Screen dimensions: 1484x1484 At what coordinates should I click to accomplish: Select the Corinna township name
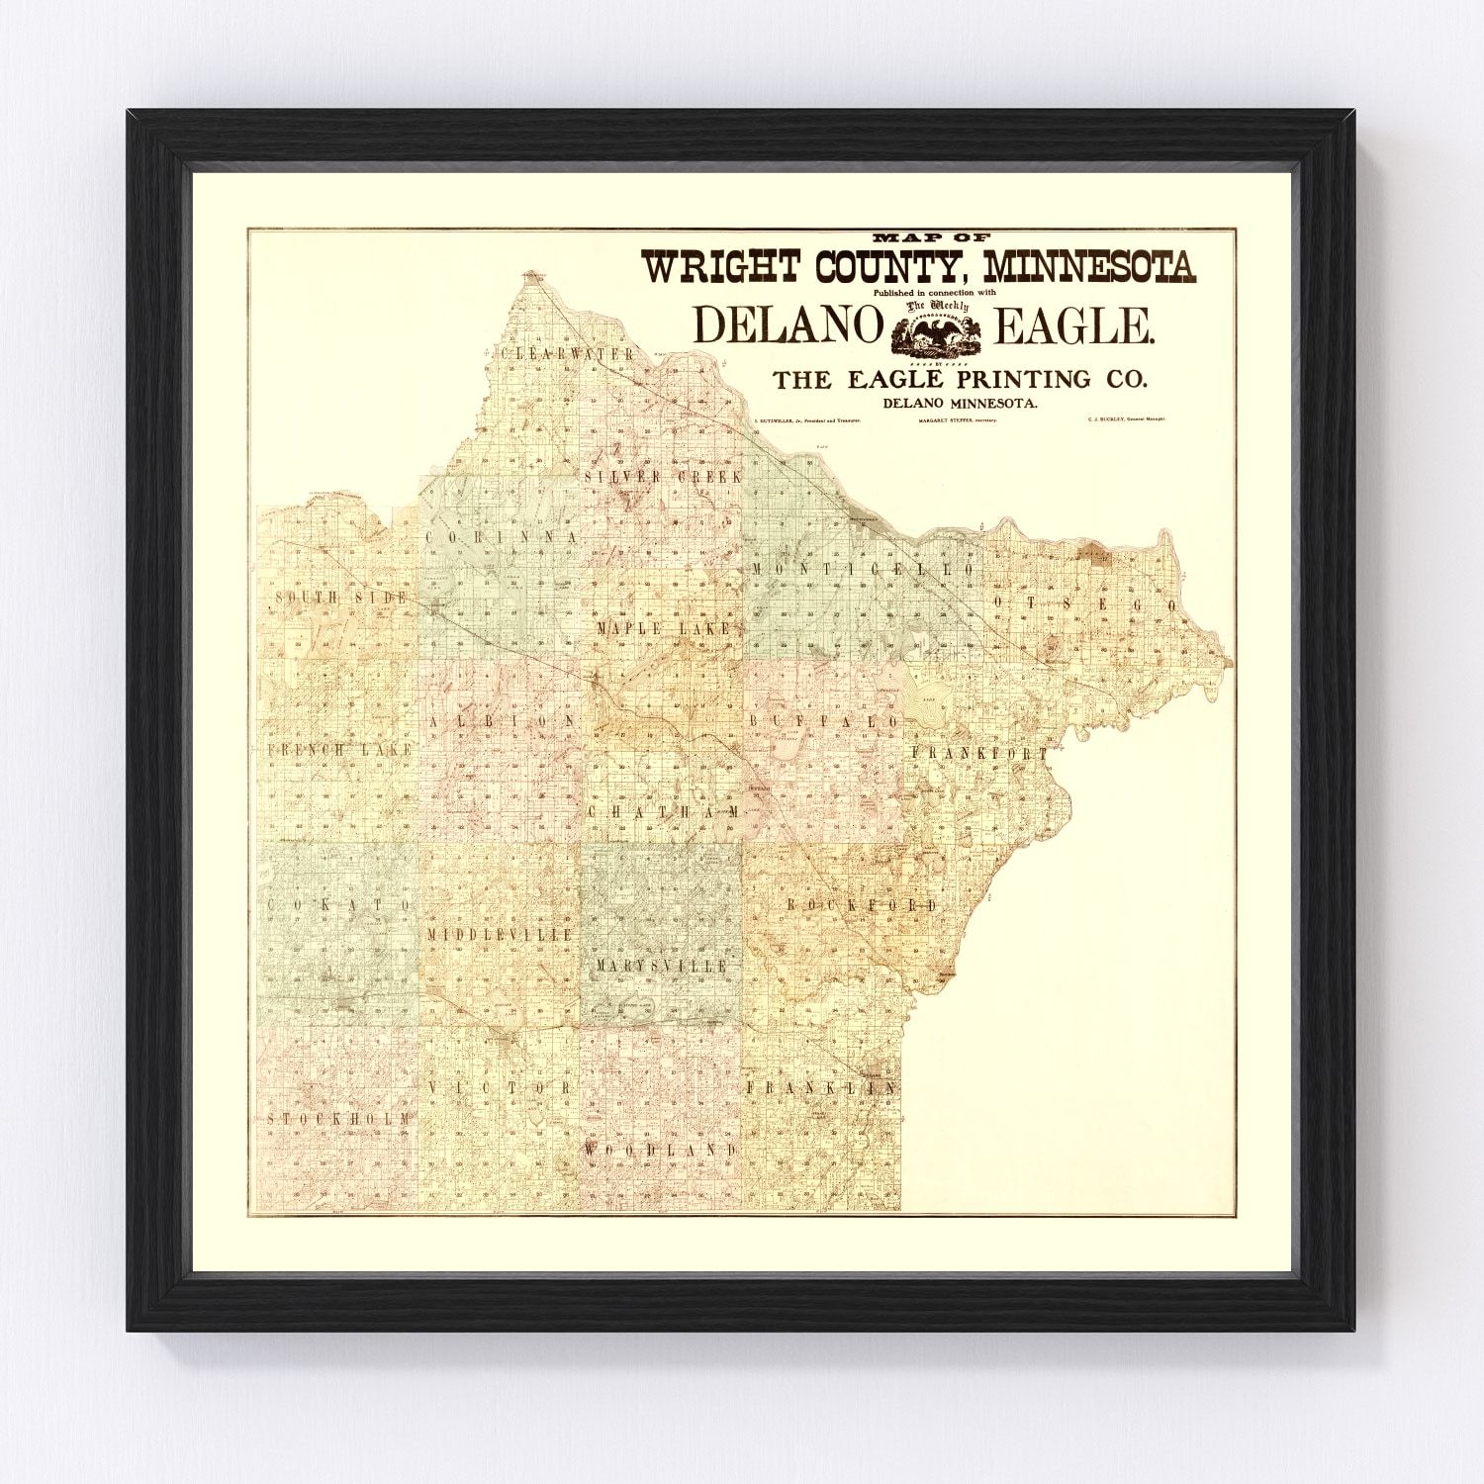pos(501,536)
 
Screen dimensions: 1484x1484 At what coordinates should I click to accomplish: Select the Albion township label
pos(502,721)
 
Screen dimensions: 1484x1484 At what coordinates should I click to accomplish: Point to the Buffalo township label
pos(824,721)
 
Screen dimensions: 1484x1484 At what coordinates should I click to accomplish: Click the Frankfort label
pos(978,754)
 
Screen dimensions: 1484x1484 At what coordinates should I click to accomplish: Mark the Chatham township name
pos(663,811)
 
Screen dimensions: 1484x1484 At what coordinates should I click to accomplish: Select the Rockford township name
pos(862,905)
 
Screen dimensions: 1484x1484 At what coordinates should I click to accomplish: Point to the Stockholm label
pos(338,1118)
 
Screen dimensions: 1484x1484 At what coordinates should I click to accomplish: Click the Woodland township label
pos(660,1150)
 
